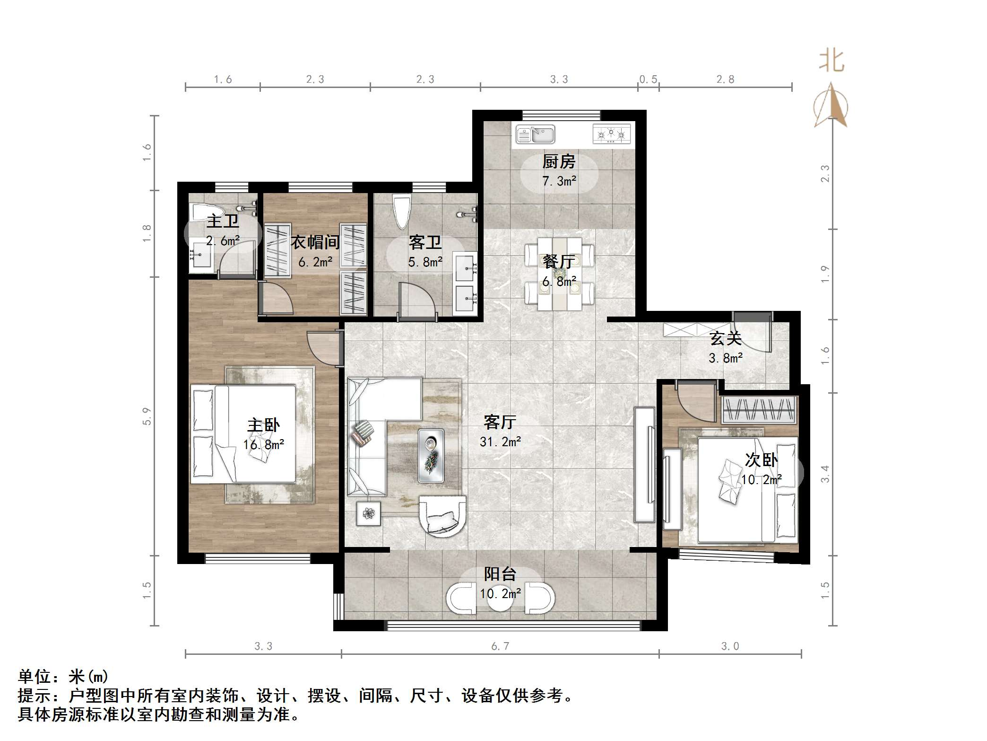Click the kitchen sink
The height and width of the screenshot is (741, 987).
(535, 134)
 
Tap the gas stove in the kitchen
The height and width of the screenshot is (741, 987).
(611, 134)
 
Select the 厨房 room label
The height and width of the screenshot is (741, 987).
(559, 162)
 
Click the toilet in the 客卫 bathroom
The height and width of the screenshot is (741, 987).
(402, 212)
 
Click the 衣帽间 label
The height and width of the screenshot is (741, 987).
(315, 242)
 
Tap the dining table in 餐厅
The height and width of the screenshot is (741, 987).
(560, 274)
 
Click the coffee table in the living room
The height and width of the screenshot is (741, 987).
(431, 456)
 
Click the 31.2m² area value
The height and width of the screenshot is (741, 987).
(500, 442)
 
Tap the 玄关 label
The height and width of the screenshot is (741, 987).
(725, 338)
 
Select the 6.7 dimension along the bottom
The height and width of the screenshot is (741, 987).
(500, 646)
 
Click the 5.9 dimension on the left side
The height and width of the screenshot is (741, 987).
(147, 416)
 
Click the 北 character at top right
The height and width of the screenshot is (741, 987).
(831, 62)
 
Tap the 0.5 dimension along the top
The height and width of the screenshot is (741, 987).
(648, 79)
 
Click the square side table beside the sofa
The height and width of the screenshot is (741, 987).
(369, 513)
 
